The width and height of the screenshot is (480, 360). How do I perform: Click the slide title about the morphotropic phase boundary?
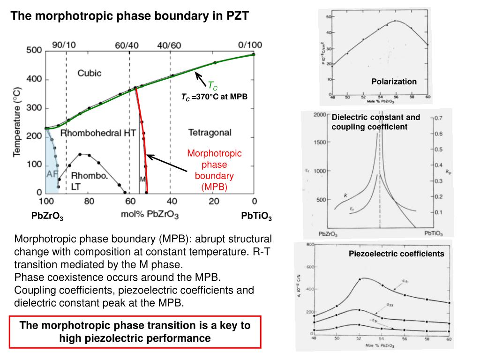click(130, 16)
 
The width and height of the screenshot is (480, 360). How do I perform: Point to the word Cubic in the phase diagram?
click(89, 73)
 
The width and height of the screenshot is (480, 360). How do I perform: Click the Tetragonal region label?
click(210, 133)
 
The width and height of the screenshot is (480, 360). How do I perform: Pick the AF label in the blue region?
click(52, 174)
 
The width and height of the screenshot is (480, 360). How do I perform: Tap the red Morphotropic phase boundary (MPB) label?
click(214, 170)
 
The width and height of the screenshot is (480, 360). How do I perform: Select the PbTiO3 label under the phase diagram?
click(256, 217)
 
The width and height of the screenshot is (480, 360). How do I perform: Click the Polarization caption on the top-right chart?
click(394, 82)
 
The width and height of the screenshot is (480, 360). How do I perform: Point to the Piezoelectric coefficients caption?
click(396, 254)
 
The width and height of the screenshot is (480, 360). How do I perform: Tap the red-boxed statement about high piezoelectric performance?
click(135, 331)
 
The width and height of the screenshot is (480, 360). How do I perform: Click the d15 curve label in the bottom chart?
click(405, 281)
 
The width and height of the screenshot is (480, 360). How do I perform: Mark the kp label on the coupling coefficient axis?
click(448, 172)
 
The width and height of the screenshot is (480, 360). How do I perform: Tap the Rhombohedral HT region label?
click(98, 133)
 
